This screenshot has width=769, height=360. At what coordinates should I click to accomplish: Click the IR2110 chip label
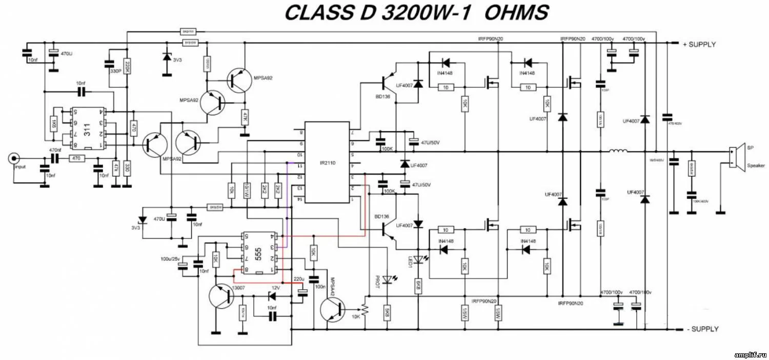(327, 163)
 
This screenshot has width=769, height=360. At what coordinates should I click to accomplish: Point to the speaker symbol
(736, 157)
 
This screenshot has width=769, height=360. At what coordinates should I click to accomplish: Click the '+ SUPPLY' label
(699, 45)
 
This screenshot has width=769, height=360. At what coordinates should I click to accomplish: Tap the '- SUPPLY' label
(702, 329)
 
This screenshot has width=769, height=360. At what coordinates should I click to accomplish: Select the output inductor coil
(618, 151)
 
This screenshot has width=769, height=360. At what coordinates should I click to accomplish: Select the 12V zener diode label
(276, 288)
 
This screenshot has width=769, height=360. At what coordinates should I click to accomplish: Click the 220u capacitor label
(299, 279)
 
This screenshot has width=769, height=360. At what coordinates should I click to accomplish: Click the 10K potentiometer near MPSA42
(365, 310)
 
